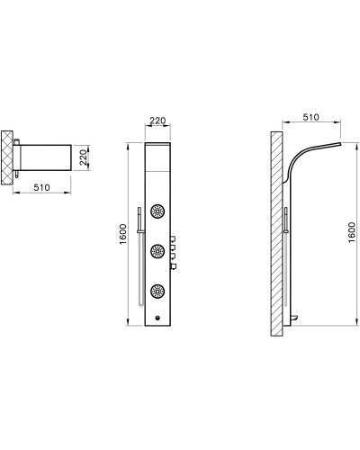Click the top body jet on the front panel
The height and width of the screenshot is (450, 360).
[158, 211]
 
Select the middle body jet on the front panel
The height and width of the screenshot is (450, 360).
[158, 251]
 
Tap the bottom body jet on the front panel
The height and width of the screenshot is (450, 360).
[158, 290]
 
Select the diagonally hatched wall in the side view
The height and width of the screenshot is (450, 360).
[275, 234]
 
